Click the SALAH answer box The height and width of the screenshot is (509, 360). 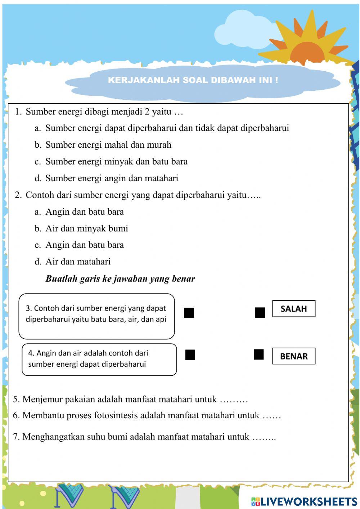(x=293, y=309)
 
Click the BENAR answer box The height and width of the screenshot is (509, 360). (x=293, y=356)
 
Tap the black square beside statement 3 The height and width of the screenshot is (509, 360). (x=189, y=313)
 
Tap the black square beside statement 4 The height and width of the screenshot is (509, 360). (x=190, y=355)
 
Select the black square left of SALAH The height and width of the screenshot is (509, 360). (x=260, y=313)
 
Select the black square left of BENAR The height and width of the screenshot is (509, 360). (x=258, y=354)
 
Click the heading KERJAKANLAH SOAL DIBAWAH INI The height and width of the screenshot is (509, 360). (x=193, y=80)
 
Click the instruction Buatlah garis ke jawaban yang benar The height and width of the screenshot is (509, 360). (x=120, y=279)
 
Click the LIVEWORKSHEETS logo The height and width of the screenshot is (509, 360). (x=304, y=501)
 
